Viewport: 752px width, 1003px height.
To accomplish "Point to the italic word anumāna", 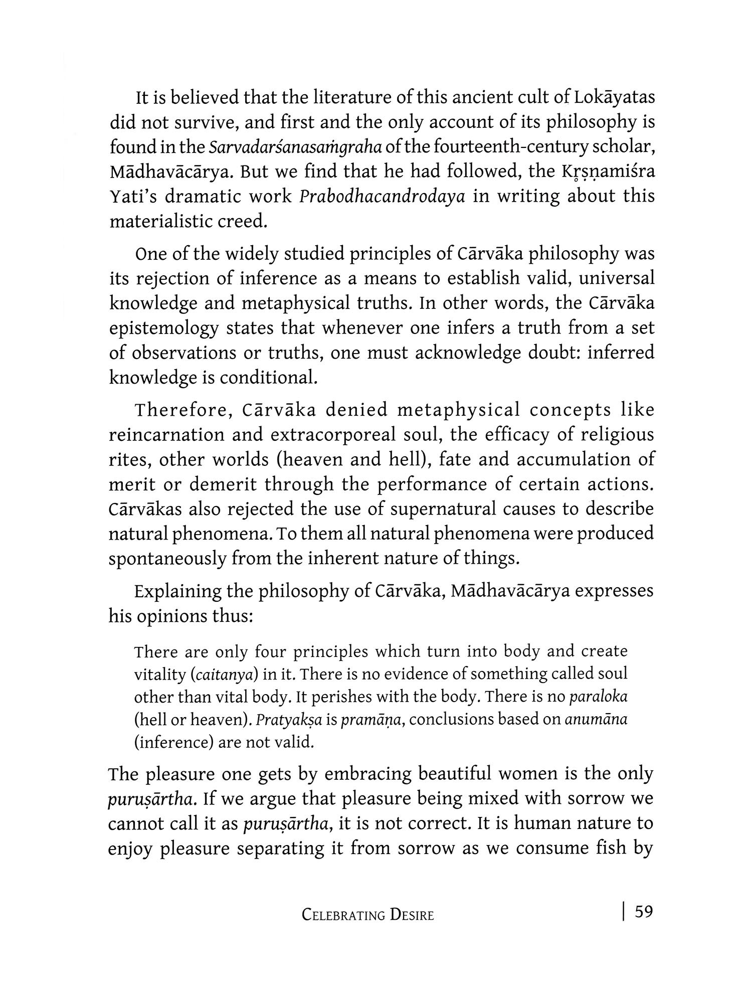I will (596, 720).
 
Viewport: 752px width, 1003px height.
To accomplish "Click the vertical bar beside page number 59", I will (623, 911).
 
